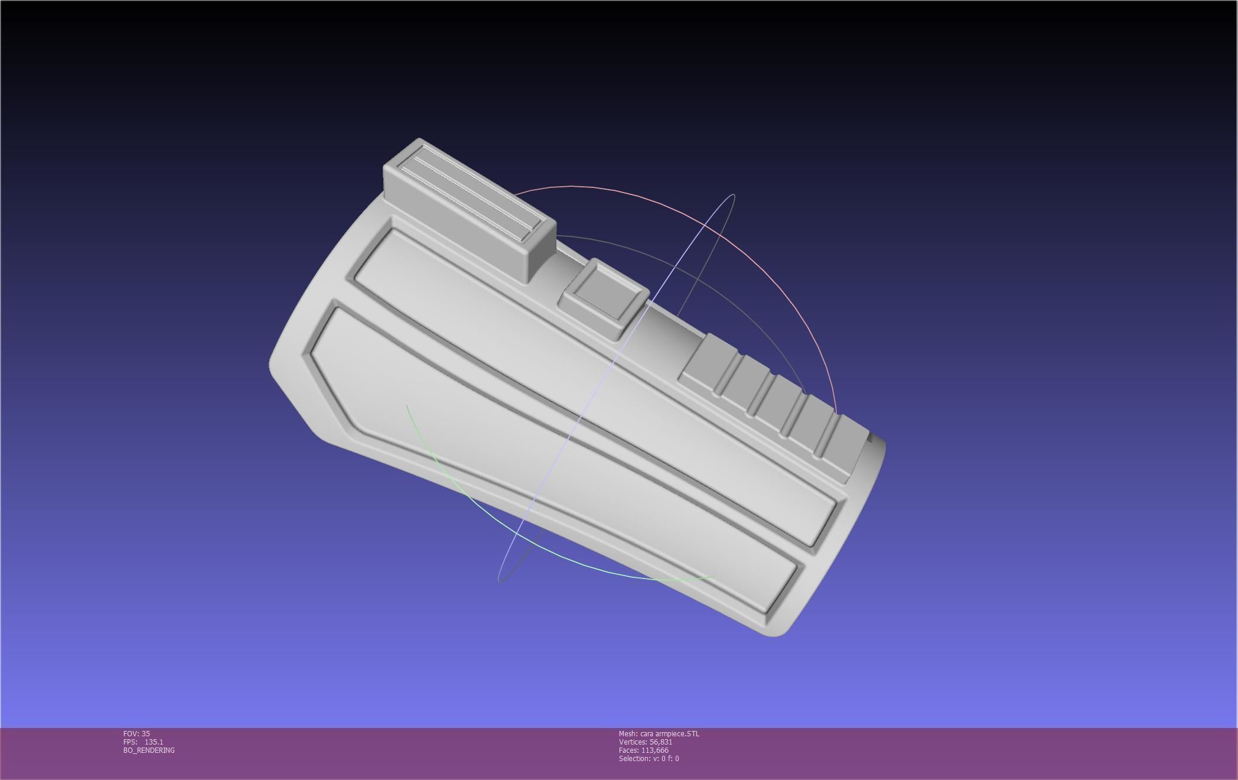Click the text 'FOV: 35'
tap(136, 733)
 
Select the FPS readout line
tap(143, 742)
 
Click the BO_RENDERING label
tap(149, 750)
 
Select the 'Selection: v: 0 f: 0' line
tap(649, 758)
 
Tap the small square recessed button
tap(604, 298)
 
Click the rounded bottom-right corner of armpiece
tap(780, 632)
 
